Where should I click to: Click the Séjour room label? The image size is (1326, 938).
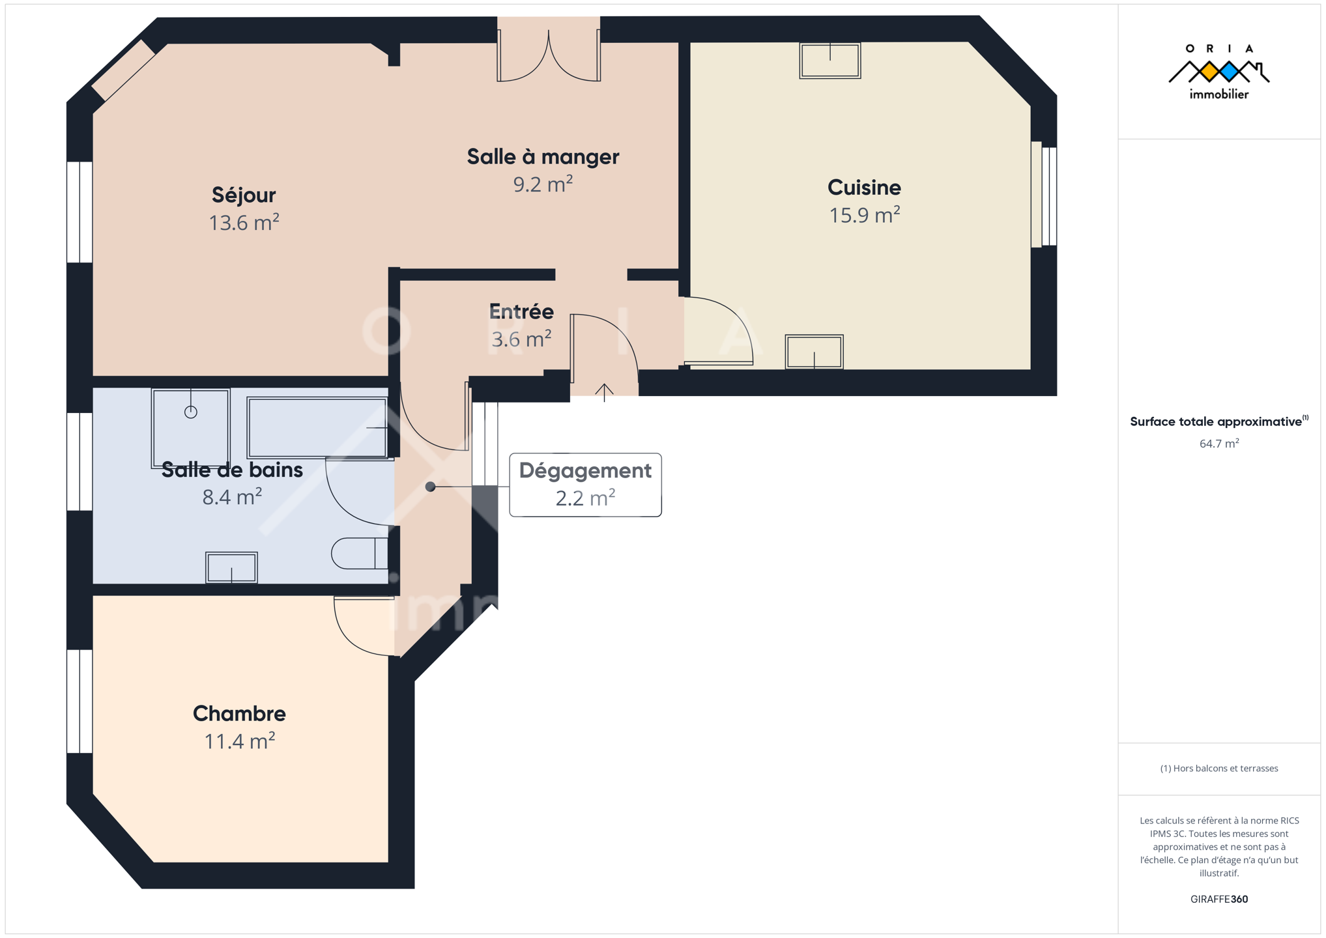point(244,195)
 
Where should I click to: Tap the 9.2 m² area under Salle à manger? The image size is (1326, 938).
point(543,184)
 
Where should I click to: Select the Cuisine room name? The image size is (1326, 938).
point(864,188)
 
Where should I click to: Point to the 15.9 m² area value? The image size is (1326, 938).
point(864,215)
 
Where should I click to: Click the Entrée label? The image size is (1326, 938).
point(521,311)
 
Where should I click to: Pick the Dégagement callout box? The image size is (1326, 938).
point(585,485)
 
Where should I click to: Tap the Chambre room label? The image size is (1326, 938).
point(239,713)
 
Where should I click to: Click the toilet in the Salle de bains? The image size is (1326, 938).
point(360,554)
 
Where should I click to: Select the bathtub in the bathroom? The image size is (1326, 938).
point(318,428)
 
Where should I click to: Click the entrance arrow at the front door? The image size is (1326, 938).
point(604,392)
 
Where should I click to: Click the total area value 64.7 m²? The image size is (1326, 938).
point(1218,444)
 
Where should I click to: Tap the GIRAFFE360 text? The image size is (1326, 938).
point(1218,899)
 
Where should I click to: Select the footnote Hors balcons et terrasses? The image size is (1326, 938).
point(1218,769)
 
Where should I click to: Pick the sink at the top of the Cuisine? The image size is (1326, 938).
point(830,61)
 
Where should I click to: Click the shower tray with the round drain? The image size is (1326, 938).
point(191,428)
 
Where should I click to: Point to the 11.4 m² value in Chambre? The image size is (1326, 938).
point(239,741)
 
